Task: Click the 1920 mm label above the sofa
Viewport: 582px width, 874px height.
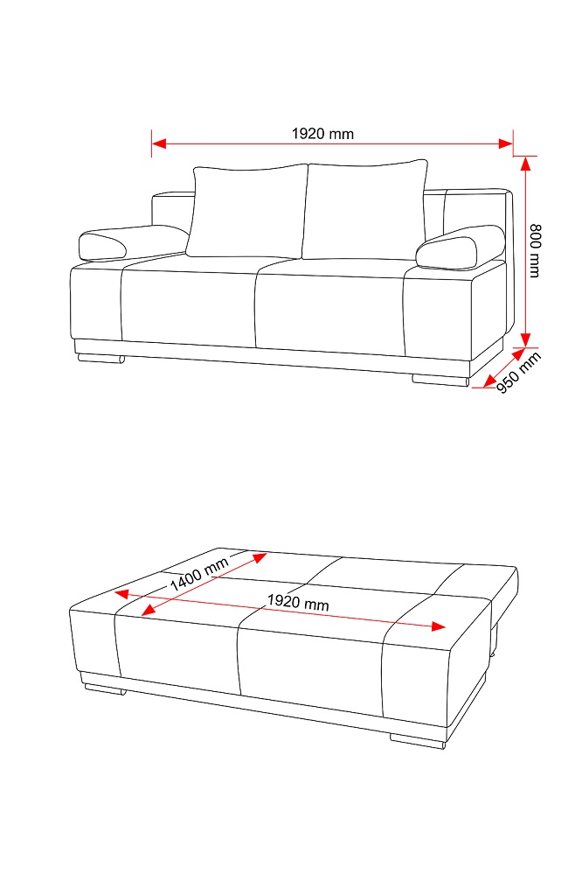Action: click(322, 134)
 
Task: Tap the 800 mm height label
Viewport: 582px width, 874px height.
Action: click(535, 250)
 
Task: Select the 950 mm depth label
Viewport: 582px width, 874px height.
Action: click(518, 373)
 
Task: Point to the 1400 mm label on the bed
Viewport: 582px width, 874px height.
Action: click(199, 574)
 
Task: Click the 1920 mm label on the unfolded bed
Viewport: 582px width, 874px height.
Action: click(297, 602)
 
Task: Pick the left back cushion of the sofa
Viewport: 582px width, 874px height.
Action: click(247, 211)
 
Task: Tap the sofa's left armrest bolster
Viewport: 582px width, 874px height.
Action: click(134, 243)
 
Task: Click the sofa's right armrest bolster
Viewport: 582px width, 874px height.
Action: click(460, 247)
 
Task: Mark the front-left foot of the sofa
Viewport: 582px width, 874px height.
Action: click(100, 360)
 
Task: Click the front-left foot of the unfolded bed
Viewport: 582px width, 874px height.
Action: click(103, 690)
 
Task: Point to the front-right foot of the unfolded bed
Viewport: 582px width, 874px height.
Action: click(417, 741)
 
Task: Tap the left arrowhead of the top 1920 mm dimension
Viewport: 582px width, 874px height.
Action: click(159, 143)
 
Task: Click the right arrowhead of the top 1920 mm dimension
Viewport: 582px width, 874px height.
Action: click(506, 143)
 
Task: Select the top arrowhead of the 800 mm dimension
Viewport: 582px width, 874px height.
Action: click(525, 164)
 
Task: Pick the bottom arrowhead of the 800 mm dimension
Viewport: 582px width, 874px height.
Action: click(525, 339)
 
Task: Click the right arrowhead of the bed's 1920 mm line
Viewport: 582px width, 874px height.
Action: click(439, 626)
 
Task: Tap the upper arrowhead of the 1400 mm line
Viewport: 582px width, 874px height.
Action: click(260, 557)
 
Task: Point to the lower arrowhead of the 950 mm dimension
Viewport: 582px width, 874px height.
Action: click(489, 381)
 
